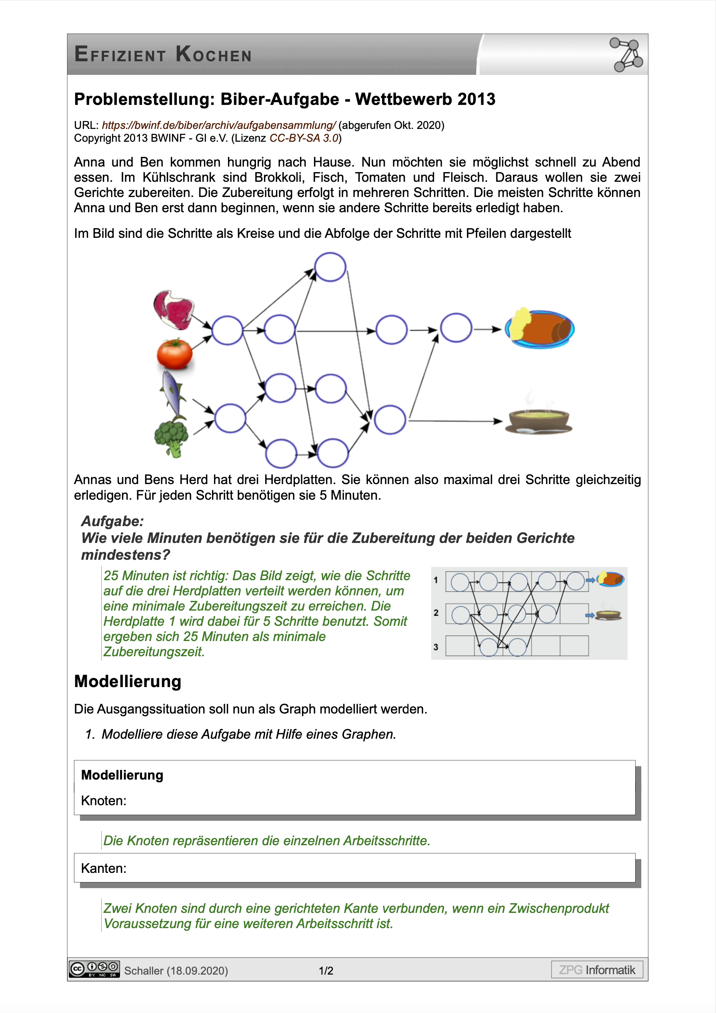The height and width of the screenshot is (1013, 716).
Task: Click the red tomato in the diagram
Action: [x=174, y=354]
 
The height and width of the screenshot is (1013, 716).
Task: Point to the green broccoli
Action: [x=172, y=438]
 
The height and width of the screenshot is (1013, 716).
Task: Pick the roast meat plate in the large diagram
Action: [x=540, y=329]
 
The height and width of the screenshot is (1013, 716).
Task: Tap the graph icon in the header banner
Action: [x=626, y=55]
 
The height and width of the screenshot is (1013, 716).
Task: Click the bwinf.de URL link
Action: [x=219, y=125]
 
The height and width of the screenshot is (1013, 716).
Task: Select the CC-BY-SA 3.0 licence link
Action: [x=304, y=138]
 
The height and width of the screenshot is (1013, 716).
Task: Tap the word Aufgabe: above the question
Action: [x=112, y=521]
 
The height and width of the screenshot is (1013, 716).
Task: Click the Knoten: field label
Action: [x=104, y=800]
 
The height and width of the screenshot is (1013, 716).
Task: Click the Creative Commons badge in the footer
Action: [x=94, y=969]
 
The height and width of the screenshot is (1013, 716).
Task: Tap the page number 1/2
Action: [x=326, y=971]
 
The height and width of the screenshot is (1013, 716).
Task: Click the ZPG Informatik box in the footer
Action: [x=596, y=970]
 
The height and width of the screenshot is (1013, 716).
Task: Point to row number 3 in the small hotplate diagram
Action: [x=436, y=647]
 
